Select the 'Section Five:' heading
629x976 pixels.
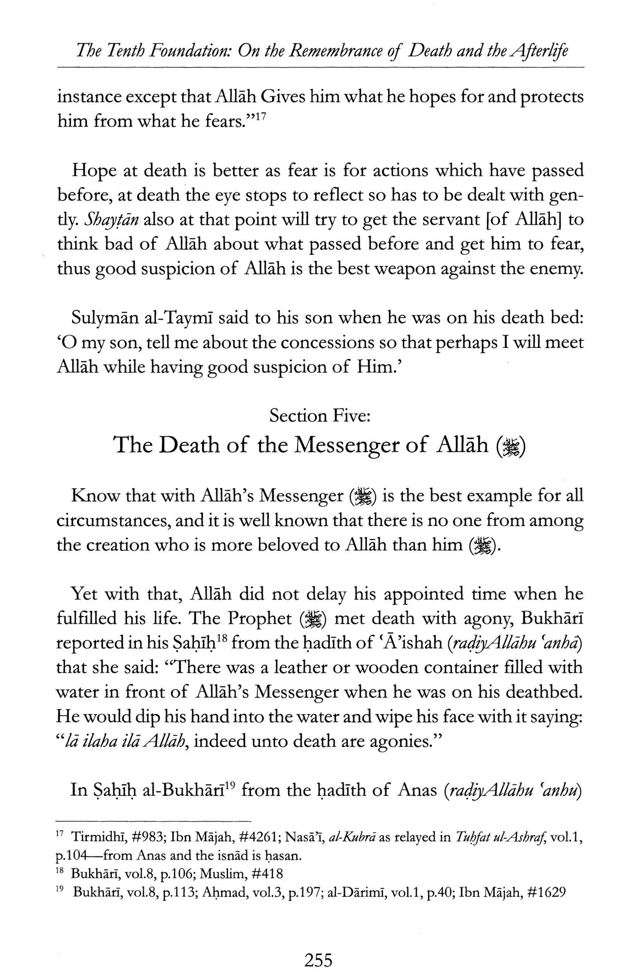[320, 416]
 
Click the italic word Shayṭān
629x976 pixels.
[111, 220]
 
